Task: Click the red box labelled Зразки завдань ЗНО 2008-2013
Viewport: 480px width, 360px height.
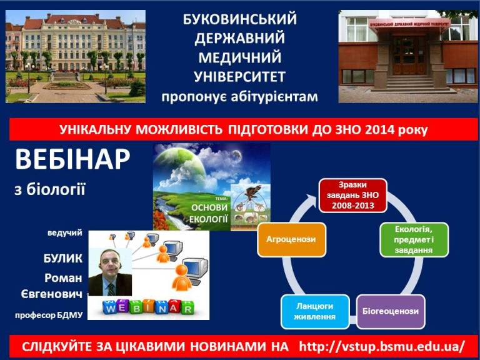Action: [x=353, y=195]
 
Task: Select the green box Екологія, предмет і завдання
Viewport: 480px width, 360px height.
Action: [x=414, y=240]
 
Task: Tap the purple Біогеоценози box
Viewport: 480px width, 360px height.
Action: [x=391, y=312]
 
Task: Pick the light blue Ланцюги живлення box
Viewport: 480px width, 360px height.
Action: [x=315, y=312]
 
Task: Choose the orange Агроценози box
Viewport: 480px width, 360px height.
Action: [x=291, y=240]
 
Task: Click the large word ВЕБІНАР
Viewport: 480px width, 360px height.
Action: [x=72, y=159]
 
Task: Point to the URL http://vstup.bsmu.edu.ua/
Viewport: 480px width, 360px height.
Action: [x=382, y=347]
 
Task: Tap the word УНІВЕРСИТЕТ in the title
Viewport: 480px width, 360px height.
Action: [x=240, y=77]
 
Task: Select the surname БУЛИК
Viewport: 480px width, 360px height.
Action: [x=62, y=259]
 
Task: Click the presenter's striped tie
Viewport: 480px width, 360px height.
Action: [x=111, y=289]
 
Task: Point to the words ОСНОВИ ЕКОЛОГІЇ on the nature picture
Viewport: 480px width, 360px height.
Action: [x=209, y=213]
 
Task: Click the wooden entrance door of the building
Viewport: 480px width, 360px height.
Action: [x=409, y=55]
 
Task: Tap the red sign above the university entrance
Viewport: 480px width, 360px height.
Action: [x=409, y=24]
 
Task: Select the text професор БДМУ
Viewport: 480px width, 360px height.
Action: [x=49, y=315]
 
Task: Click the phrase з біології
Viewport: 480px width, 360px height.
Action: [x=50, y=189]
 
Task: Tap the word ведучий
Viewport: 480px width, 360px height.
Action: [x=65, y=233]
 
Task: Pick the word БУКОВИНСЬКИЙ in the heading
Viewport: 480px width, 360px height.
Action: [x=240, y=19]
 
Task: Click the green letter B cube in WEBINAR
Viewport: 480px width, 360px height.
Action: [x=137, y=307]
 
